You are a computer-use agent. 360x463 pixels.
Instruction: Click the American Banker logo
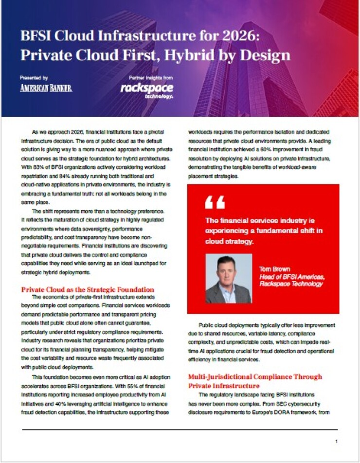click(46, 88)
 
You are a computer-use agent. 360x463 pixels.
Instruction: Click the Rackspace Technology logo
click(146, 89)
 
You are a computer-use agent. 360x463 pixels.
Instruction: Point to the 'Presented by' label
click(34, 78)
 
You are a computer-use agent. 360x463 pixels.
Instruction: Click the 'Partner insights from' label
click(150, 78)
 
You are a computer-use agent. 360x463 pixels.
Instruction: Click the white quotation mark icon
click(215, 201)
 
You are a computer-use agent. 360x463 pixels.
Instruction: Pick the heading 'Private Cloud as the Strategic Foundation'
click(87, 289)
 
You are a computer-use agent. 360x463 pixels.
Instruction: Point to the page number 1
click(337, 441)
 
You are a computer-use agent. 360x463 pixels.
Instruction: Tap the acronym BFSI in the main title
click(36, 36)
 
